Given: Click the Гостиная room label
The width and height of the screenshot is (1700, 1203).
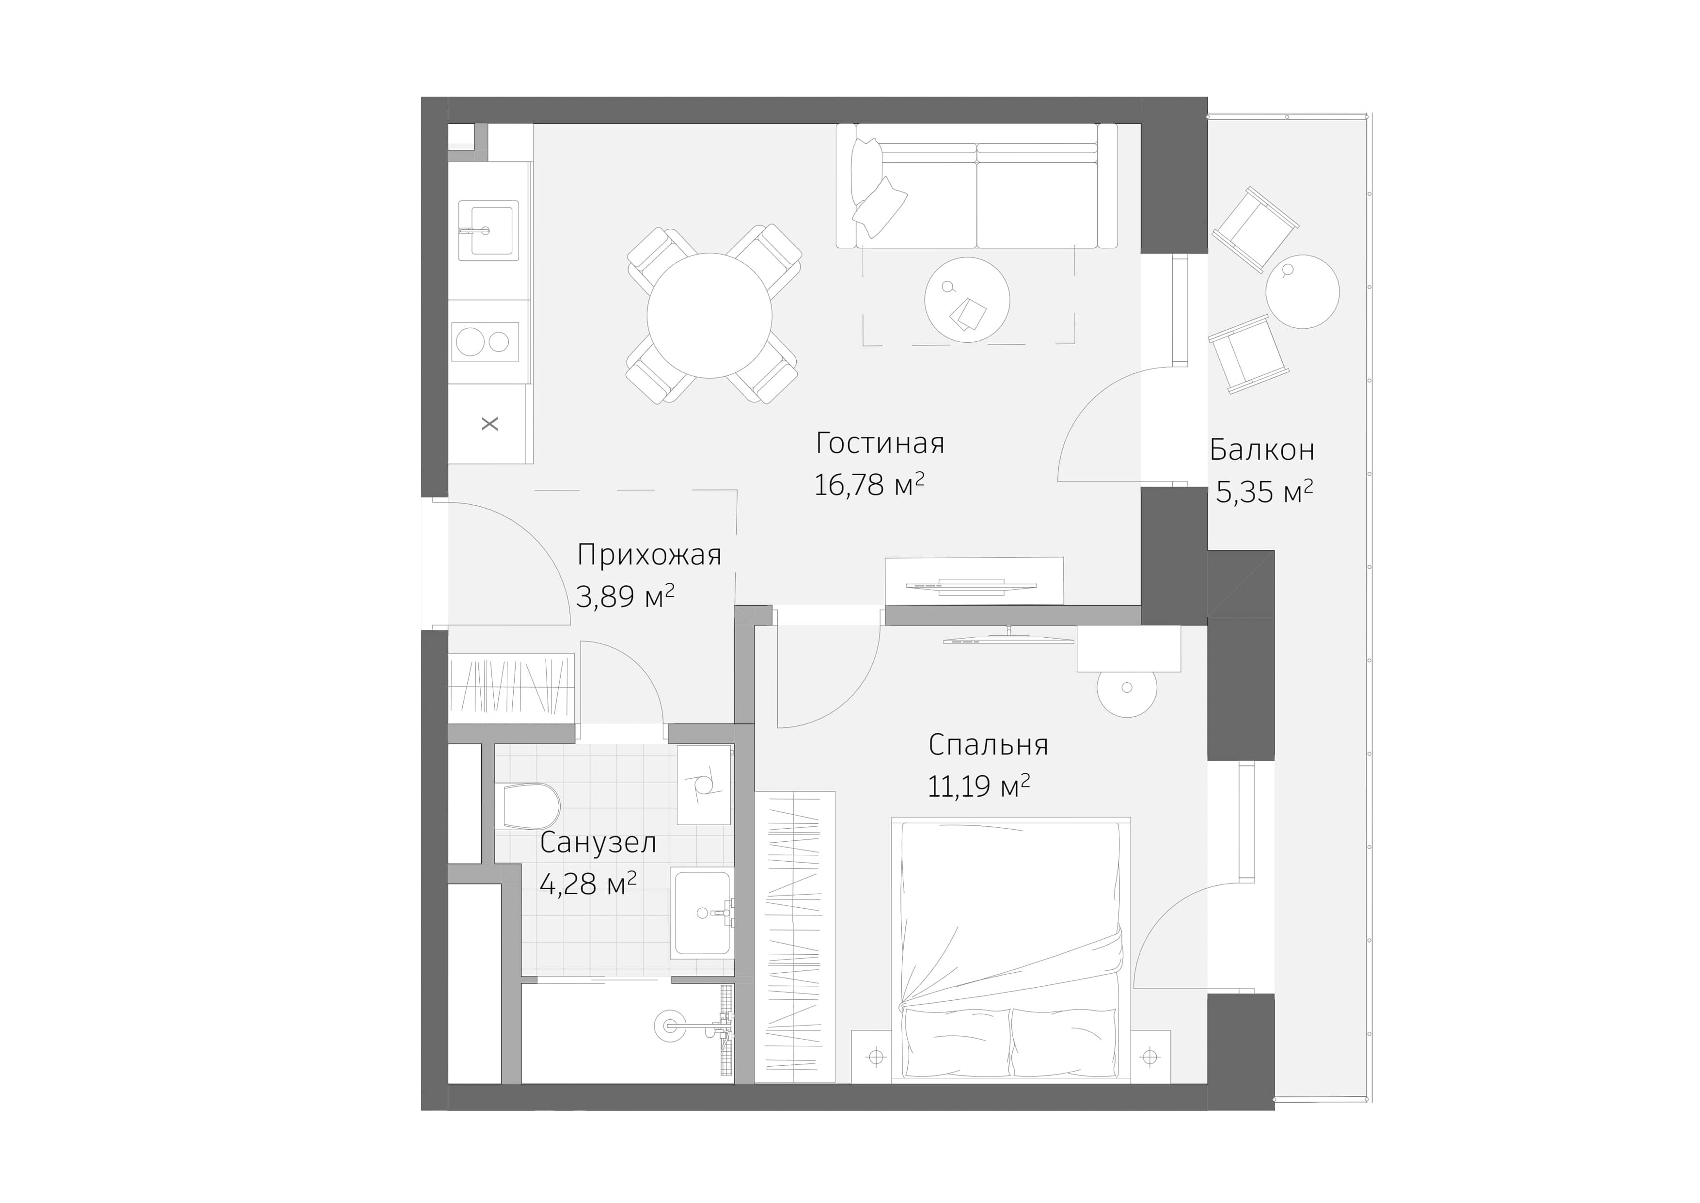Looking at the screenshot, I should [x=880, y=443].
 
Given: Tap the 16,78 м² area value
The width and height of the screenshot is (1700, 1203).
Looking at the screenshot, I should [x=868, y=484].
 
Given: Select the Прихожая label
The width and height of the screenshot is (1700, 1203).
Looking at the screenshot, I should [x=648, y=554].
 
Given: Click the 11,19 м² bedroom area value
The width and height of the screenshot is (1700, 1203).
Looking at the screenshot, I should [x=978, y=786].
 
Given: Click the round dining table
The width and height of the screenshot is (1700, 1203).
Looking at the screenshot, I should [x=709, y=316].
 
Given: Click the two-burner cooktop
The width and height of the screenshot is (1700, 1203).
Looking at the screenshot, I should [x=485, y=341].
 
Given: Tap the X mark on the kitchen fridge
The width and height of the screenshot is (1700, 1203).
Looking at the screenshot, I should [x=489, y=424].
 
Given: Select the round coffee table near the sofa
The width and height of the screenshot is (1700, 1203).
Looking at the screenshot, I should [x=967, y=299].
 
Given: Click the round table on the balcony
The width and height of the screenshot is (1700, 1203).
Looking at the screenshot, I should [x=1303, y=291].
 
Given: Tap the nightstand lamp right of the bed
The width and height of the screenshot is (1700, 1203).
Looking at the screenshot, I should [x=1149, y=1057].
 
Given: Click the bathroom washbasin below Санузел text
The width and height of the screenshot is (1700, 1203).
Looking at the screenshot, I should [x=702, y=914].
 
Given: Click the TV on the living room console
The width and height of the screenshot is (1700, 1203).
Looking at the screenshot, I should [x=971, y=585].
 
